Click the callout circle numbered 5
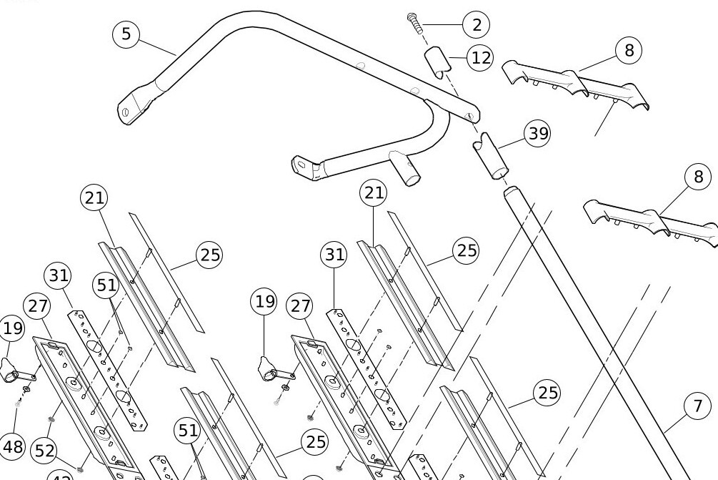(127, 34)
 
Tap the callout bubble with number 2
(476, 24)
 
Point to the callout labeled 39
(537, 134)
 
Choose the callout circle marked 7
(698, 407)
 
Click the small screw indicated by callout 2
(414, 22)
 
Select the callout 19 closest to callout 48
(13, 328)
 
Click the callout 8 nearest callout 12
(628, 50)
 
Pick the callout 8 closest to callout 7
(698, 177)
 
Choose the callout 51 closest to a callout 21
(106, 285)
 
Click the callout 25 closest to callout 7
(547, 393)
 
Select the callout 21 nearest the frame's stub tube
(374, 192)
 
